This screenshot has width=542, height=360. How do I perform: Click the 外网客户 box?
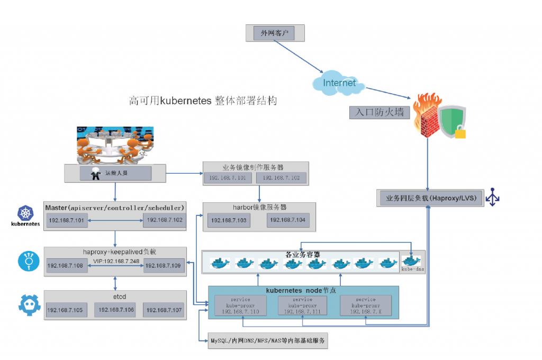tap(275, 33)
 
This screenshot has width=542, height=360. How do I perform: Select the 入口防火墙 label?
tap(380, 112)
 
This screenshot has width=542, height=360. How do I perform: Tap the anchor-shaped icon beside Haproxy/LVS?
tap(493, 197)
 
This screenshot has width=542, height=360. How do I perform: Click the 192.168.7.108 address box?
tap(66, 266)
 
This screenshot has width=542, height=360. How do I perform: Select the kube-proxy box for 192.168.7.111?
tap(302, 305)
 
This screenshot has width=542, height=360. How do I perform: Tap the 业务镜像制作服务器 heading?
tap(256, 167)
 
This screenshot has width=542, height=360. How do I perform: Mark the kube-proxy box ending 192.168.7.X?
tap(366, 305)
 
